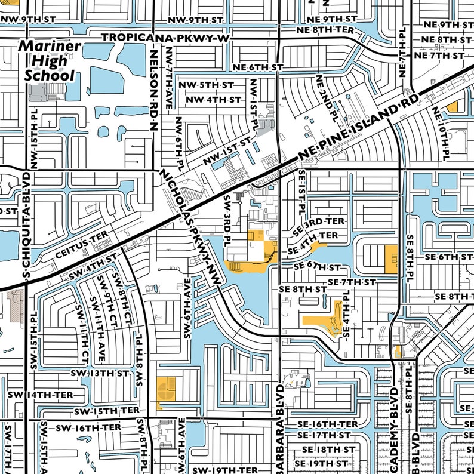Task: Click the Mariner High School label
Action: pos(50,61)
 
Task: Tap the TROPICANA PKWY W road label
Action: pos(165,38)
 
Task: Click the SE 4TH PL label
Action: pos(346,316)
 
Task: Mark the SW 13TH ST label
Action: pos(100,373)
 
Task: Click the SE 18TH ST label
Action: pos(328,449)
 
